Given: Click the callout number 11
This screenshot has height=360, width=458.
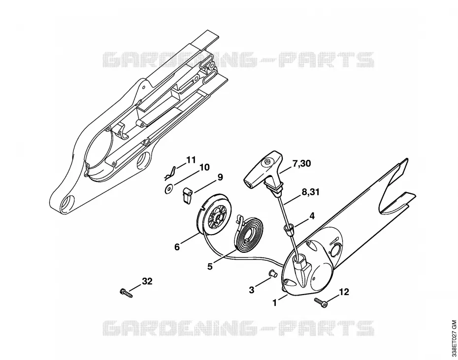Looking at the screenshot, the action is pyautogui.click(x=191, y=160).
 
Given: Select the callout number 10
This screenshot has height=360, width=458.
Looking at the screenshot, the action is pyautogui.click(x=204, y=167).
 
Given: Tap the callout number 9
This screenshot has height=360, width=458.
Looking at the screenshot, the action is pyautogui.click(x=220, y=177).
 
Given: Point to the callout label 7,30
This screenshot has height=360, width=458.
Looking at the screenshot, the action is pyautogui.click(x=301, y=164).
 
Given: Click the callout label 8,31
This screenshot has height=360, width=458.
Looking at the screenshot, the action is pyautogui.click(x=310, y=192).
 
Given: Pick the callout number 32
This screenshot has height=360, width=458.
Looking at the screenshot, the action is pyautogui.click(x=147, y=281).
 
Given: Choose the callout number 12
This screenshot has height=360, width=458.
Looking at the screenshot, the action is pyautogui.click(x=344, y=292).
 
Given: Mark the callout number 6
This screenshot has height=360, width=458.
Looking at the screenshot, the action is pyautogui.click(x=177, y=247).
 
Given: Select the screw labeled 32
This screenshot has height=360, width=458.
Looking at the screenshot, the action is pyautogui.click(x=127, y=293).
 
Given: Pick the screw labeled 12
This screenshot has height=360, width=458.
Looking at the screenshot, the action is pyautogui.click(x=321, y=302).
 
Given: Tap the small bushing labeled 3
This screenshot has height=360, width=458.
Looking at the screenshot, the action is pyautogui.click(x=272, y=273).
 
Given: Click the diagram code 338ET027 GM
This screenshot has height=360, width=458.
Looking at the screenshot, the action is pyautogui.click(x=454, y=338).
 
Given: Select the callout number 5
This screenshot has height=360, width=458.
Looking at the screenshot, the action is pyautogui.click(x=210, y=267).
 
